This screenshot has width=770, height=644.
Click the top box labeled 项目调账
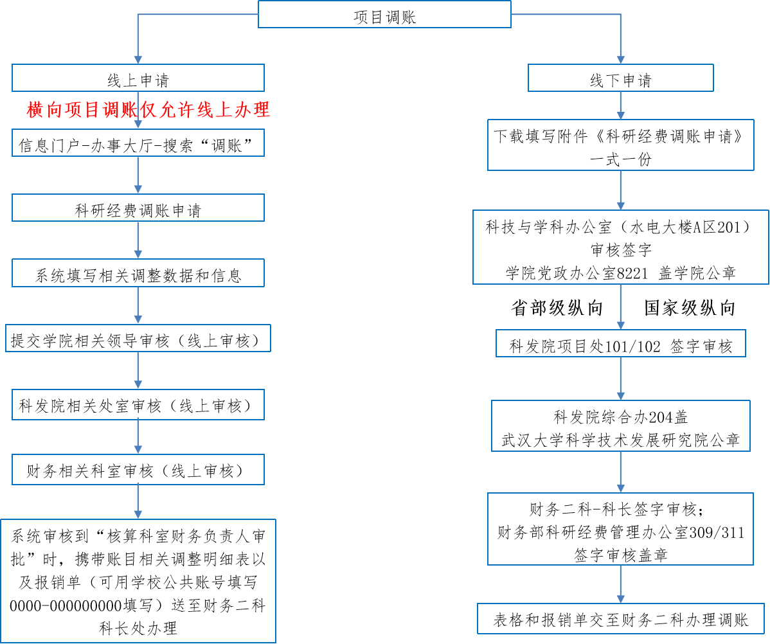(384, 15)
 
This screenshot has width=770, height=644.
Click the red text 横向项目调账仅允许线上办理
(148, 111)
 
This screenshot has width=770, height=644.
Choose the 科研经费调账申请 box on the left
(138, 210)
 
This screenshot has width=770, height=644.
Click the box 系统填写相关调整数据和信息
(138, 275)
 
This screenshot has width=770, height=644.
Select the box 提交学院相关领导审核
(138, 340)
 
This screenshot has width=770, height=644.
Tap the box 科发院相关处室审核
(138, 406)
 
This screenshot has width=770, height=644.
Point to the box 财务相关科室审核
(138, 471)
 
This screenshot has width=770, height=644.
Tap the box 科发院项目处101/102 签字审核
(620, 346)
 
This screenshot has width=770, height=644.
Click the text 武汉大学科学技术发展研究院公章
(620, 440)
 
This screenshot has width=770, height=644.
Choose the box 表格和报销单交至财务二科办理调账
(620, 620)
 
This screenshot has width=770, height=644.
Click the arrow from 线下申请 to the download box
(620, 106)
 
